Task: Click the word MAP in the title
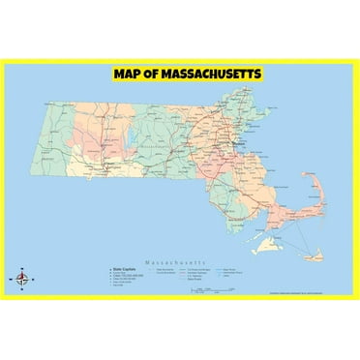click(x=128, y=74)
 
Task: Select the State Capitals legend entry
click(x=124, y=270)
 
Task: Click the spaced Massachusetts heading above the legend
click(x=179, y=262)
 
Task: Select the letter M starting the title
click(x=119, y=74)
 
